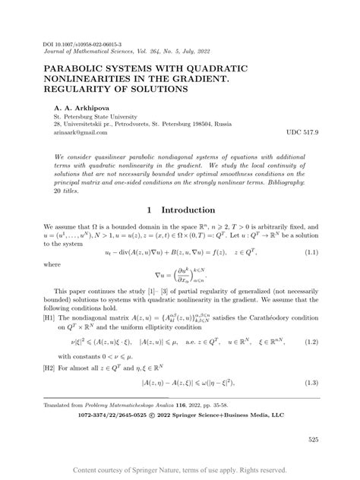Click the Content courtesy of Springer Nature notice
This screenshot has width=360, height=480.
[x=179, y=470]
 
